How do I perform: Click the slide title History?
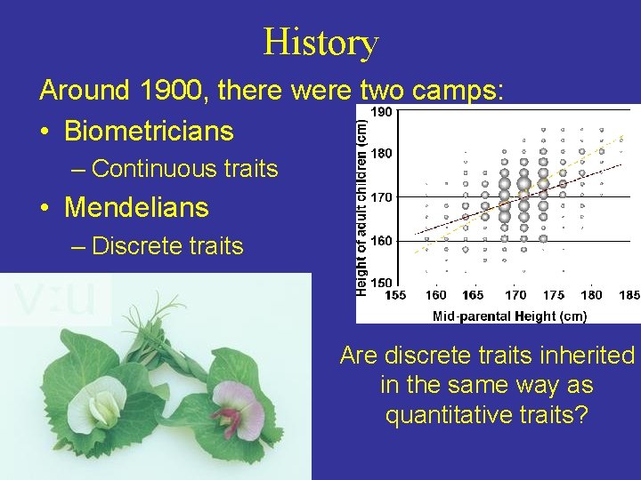320,42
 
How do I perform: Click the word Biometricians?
149,132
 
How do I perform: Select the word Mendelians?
136,208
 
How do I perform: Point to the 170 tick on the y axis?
381,196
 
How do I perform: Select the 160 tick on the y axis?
381,241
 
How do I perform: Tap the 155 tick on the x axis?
395,294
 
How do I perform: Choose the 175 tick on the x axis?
553,294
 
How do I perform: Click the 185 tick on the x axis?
629,294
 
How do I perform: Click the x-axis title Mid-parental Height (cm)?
509,315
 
